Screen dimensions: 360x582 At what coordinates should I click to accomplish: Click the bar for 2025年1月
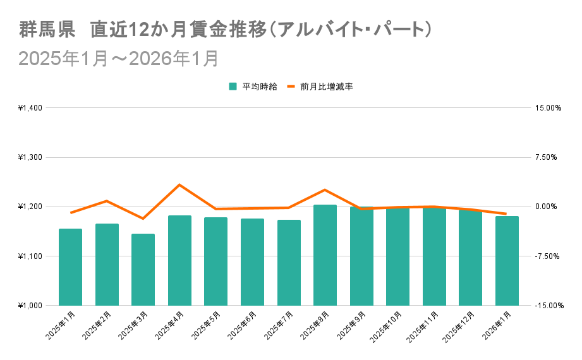(x=70, y=267)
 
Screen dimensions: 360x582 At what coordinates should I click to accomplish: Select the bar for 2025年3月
(x=143, y=269)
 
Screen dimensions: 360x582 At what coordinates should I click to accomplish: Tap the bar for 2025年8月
(x=325, y=255)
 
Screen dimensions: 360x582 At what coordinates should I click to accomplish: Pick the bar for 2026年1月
(x=507, y=260)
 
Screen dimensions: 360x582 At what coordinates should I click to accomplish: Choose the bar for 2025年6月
(x=252, y=261)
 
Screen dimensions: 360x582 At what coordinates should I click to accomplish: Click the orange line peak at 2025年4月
(x=179, y=184)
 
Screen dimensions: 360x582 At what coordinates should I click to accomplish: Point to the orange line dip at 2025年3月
(x=143, y=219)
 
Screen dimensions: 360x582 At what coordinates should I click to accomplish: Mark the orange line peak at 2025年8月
(x=325, y=189)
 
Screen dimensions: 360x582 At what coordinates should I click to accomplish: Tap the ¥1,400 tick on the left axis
(x=30, y=108)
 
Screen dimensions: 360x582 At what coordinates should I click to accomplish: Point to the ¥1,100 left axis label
(x=30, y=256)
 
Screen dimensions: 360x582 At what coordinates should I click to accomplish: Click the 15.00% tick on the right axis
(x=548, y=108)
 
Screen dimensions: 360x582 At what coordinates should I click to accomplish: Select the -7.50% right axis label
(x=548, y=256)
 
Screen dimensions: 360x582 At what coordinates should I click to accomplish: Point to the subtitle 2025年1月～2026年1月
(x=119, y=58)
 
